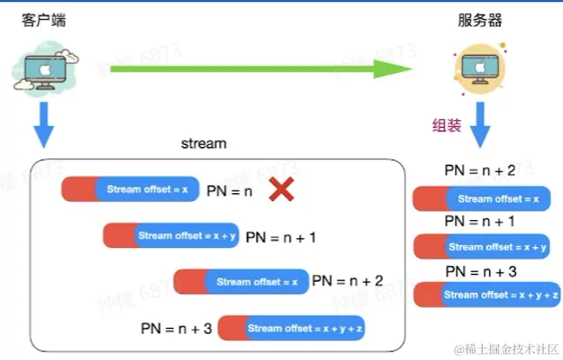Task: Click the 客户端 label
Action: [x=39, y=20]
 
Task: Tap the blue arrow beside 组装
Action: [x=481, y=127]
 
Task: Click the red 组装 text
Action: [x=447, y=124]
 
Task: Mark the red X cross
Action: [x=280, y=189]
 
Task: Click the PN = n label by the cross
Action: [x=229, y=190]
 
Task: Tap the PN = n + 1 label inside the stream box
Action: [x=281, y=236]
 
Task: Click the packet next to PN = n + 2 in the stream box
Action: [x=241, y=282]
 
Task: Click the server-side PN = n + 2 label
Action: [x=479, y=171]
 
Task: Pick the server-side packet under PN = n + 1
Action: [x=481, y=247]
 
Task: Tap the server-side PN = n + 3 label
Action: [x=479, y=271]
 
